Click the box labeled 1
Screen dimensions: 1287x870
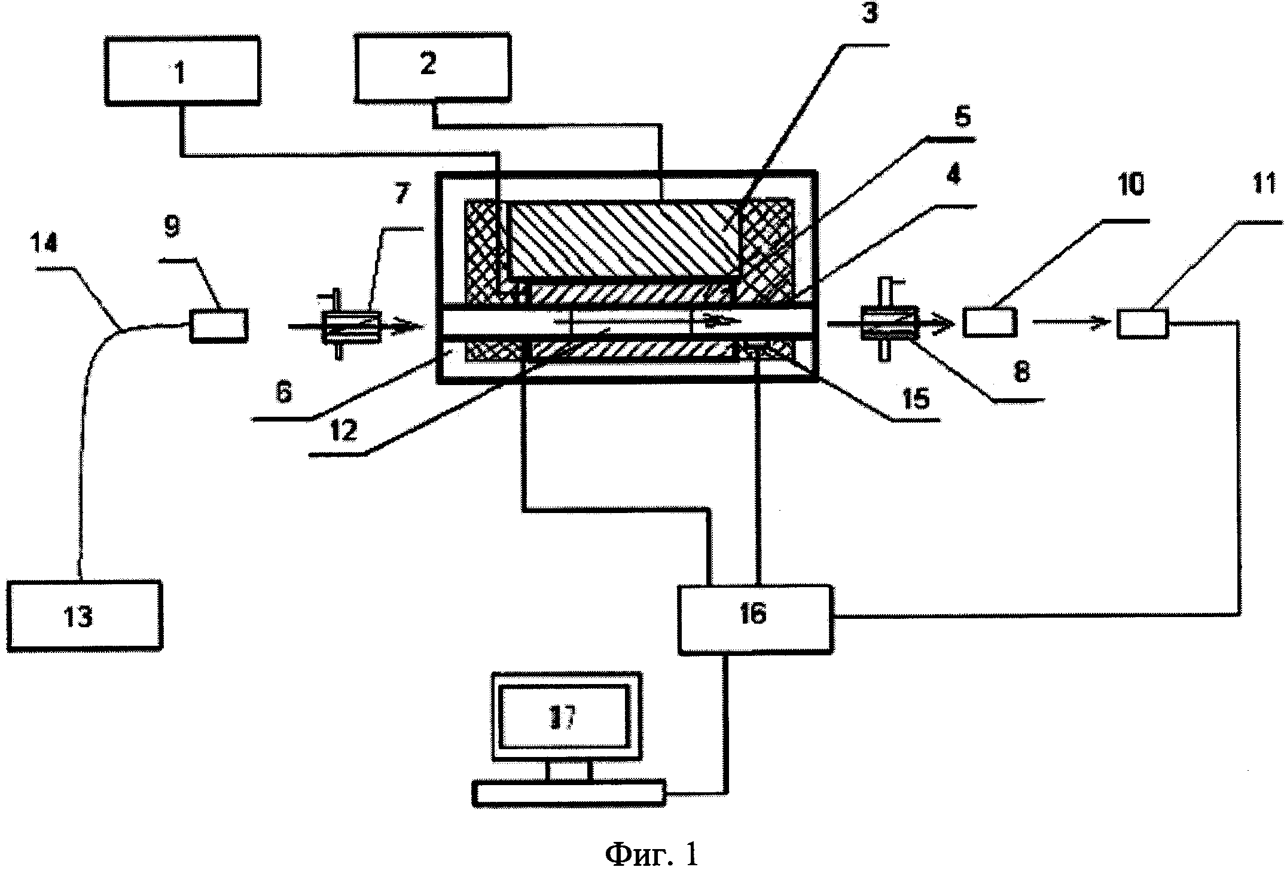[182, 71]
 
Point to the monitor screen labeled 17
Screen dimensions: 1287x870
[566, 716]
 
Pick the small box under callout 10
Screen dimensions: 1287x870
[990, 323]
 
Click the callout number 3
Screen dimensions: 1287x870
[870, 14]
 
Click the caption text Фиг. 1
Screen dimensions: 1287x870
[651, 853]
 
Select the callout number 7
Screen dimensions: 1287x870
[402, 194]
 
